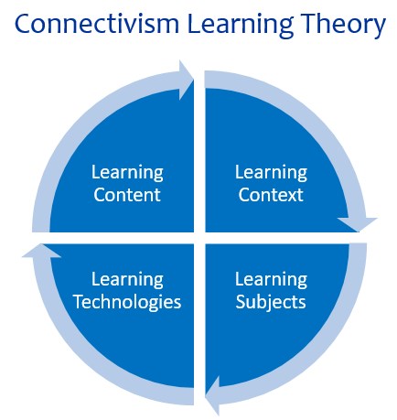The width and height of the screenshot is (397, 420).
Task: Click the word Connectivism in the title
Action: coord(97,24)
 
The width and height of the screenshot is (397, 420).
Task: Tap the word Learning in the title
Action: coord(241,26)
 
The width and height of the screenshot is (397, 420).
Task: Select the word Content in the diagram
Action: coord(127,195)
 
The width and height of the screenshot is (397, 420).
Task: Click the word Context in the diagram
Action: coord(271,195)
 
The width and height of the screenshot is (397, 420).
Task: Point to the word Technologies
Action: coord(127,303)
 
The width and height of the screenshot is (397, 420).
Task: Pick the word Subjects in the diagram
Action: coord(271,303)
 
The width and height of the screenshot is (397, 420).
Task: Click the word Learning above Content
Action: coord(127,173)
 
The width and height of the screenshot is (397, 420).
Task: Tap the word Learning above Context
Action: coord(271,173)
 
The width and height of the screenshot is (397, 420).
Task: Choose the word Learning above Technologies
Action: coord(127,280)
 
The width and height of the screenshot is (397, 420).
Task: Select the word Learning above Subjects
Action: coord(271,280)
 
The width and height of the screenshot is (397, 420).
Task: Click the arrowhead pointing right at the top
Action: coord(186,81)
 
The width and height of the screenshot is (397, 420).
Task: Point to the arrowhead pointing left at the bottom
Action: coord(212,396)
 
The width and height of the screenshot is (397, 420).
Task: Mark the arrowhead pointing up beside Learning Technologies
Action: coord(42,251)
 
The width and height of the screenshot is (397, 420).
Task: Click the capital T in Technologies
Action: coord(79,302)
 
